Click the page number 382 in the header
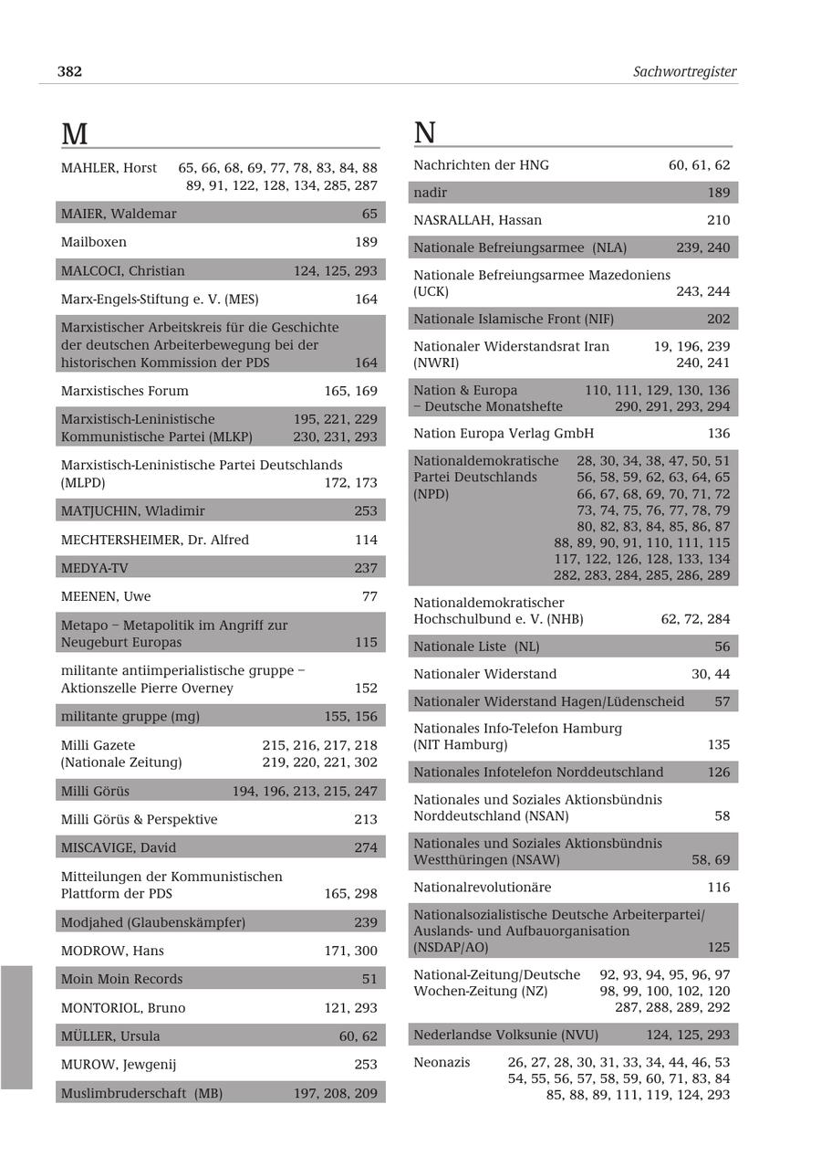pos(70,71)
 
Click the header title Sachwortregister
pos(684,71)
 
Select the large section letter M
pos(74,134)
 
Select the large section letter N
pos(425,133)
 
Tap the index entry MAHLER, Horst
pos(109,168)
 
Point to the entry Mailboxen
pos(94,242)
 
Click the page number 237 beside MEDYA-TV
pos(366,568)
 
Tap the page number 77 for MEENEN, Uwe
pos(369,596)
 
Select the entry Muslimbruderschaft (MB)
pos(141,1093)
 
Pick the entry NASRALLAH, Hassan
pos(477,220)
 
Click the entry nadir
pos(431,193)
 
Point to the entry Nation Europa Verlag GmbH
pos(504,434)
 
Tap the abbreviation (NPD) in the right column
pos(431,494)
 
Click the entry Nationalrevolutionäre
pos(483,888)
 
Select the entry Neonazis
pos(442,1062)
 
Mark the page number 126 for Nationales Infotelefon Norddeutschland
pos(718,773)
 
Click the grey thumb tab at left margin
pos(16,1027)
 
